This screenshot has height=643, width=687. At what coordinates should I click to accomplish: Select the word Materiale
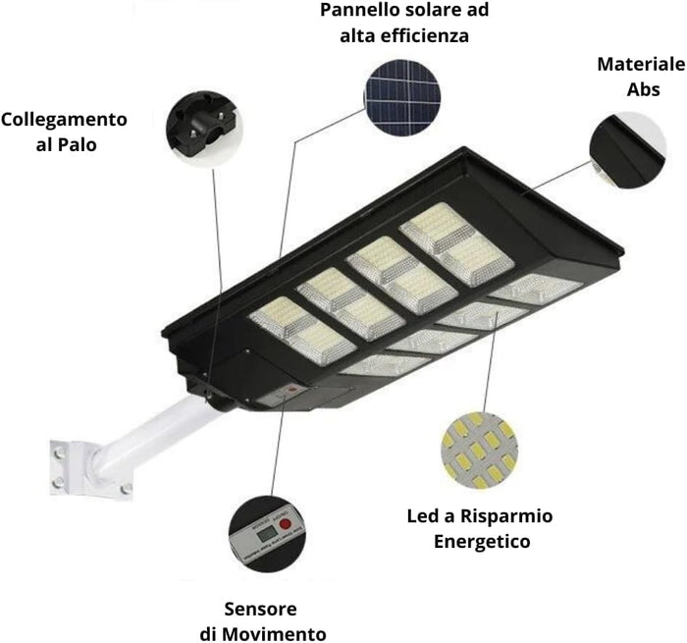[x=641, y=65]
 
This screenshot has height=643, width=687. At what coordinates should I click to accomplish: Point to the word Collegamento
[x=64, y=120]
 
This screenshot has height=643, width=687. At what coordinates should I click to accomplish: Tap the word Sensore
[x=260, y=609]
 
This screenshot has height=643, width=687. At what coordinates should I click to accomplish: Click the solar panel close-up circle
[x=402, y=95]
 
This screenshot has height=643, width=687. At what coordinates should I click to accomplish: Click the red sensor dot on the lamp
[x=287, y=391]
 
